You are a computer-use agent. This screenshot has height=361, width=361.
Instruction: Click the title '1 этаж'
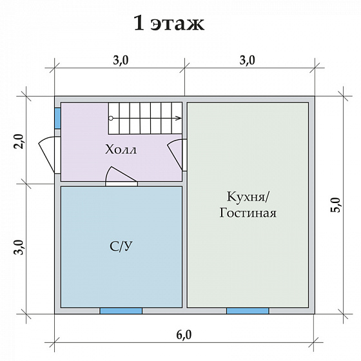(x=169, y=24)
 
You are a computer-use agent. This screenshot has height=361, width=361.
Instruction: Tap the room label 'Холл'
(x=121, y=150)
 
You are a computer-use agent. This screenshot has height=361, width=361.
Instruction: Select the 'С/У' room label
(x=121, y=246)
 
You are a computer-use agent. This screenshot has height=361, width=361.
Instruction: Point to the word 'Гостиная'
(x=248, y=213)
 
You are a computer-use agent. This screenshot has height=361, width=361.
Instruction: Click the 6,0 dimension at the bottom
(x=184, y=334)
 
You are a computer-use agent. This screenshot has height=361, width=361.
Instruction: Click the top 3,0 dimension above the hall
(x=120, y=61)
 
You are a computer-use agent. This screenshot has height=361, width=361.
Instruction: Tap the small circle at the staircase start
(x=111, y=118)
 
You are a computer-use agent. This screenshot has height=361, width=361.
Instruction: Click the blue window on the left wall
(x=57, y=117)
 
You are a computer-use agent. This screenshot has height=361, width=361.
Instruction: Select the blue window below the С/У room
(x=121, y=311)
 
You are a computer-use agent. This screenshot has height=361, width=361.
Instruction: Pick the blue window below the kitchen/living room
(x=248, y=311)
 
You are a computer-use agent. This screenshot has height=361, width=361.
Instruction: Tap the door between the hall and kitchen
(x=177, y=155)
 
